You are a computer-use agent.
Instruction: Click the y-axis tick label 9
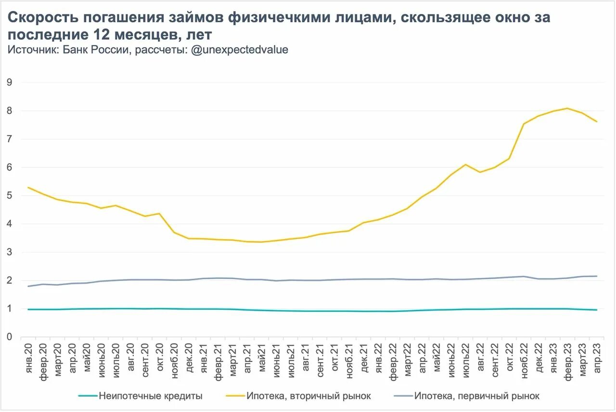(x=9, y=82)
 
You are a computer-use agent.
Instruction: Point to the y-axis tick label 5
(x=9, y=196)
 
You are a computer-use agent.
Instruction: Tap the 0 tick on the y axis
(x=9, y=337)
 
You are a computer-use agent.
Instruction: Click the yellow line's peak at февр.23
(x=567, y=108)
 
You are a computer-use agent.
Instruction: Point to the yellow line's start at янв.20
(x=28, y=187)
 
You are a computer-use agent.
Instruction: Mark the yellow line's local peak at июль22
(x=465, y=165)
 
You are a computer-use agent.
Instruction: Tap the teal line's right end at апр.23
(x=597, y=310)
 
